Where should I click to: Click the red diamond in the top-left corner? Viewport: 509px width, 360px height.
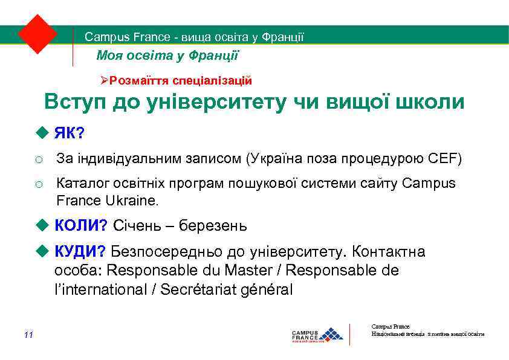point(37,34)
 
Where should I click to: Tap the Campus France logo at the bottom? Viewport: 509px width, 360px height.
point(317,335)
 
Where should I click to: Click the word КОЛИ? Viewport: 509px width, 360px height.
point(81,226)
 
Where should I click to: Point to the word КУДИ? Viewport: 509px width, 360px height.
point(80,251)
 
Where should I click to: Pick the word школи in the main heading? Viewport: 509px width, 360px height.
point(429,101)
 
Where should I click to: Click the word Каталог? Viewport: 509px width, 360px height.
point(77,184)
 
